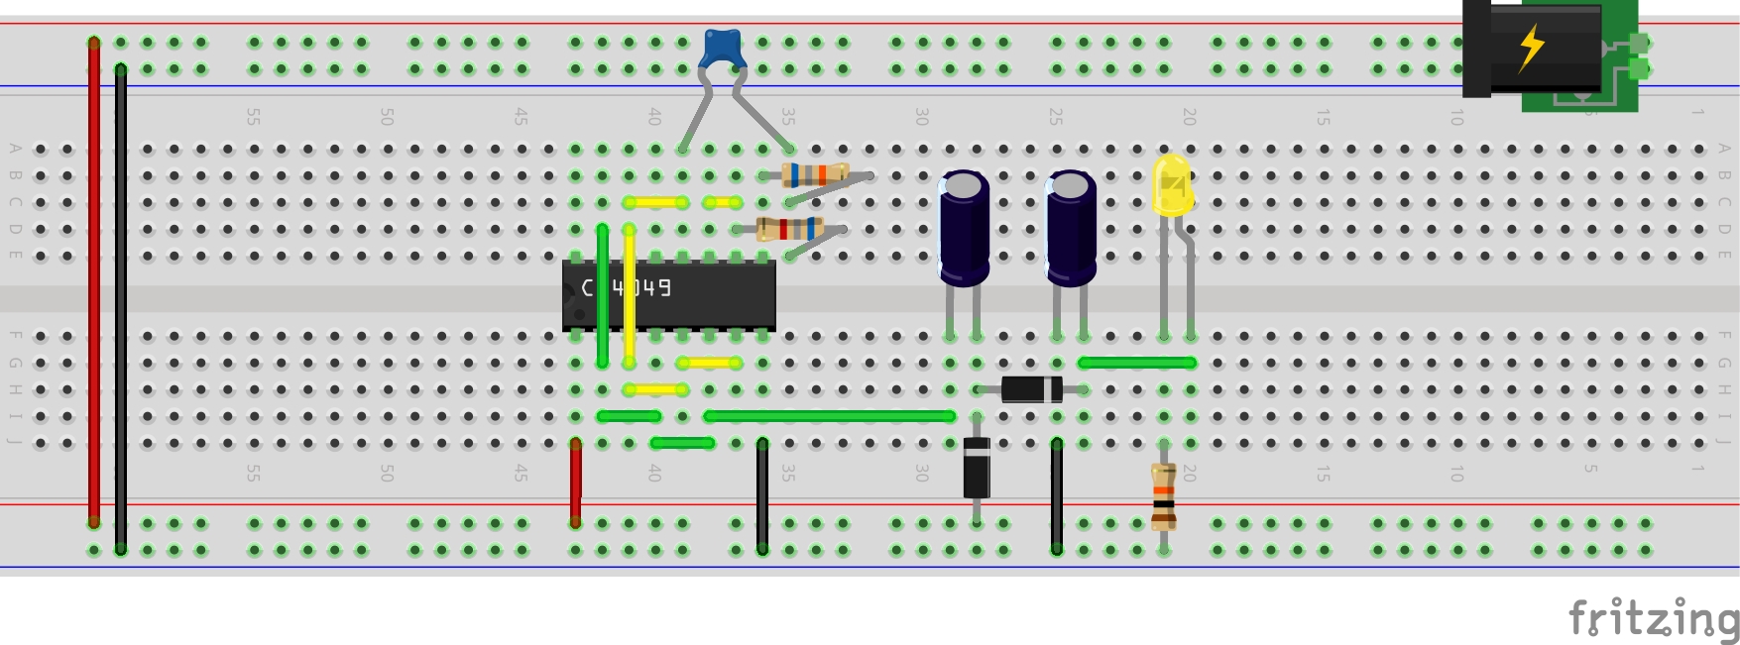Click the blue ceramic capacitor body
coord(723,48)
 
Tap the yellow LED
coord(1172,185)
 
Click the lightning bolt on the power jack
coord(1532,46)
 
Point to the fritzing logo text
coord(1653,619)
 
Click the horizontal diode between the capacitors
coord(1031,389)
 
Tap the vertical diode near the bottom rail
coord(977,468)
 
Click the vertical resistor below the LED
coord(1164,497)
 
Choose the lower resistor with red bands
coord(789,229)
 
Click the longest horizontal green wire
coord(829,416)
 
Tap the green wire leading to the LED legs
coord(1136,363)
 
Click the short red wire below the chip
coord(575,482)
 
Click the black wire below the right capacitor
coord(1057,495)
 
